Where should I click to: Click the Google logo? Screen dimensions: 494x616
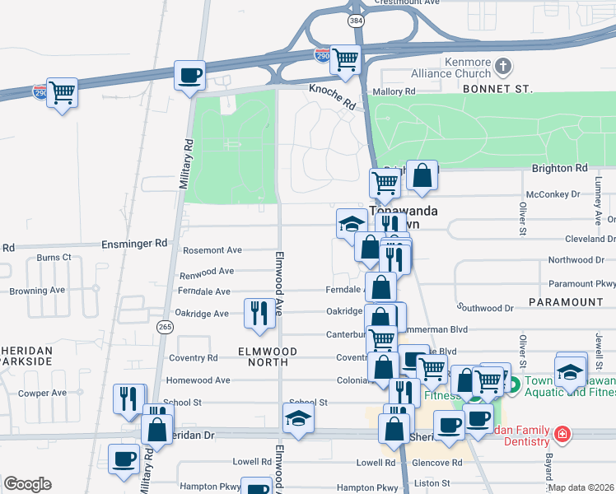coord(27,484)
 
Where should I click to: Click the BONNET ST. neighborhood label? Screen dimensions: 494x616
coord(497,88)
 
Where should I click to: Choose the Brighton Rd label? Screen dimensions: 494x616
coord(559,168)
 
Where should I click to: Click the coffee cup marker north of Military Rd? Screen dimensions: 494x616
coord(190,75)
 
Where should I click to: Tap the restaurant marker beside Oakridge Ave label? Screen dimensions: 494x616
coord(259,314)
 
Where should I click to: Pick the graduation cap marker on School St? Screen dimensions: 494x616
coord(298,417)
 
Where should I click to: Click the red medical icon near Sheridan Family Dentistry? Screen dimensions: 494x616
coord(562,433)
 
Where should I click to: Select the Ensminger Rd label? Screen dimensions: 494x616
coord(134,244)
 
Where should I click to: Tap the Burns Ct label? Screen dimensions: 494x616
coord(54,258)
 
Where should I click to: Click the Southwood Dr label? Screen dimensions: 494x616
coord(487,309)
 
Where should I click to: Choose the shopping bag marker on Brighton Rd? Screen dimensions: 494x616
coord(422,174)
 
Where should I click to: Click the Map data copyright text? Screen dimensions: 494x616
coord(581,487)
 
